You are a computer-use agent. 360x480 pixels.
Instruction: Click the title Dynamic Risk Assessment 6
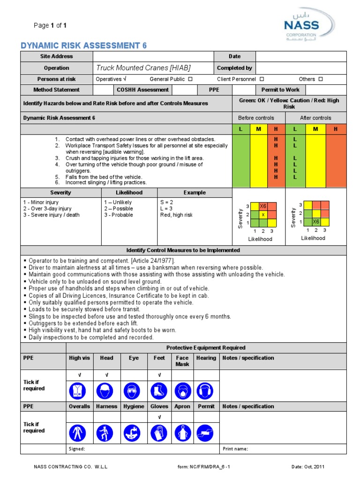84,45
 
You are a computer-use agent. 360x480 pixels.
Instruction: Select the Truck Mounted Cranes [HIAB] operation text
143,68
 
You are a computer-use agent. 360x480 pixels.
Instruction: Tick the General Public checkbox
190,80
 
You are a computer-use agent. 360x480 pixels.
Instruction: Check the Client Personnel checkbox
262,80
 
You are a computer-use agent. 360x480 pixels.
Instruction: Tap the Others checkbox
321,80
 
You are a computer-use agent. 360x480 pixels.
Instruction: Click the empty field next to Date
300,56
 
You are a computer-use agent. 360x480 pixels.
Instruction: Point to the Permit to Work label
280,90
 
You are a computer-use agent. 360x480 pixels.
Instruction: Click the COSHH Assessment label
142,90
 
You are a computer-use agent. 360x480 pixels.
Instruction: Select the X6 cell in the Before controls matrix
263,206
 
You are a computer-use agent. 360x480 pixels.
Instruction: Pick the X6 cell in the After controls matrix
316,222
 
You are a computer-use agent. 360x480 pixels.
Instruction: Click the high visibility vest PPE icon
79,390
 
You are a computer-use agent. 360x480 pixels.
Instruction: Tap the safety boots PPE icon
159,390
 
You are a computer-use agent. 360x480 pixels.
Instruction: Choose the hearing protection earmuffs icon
206,390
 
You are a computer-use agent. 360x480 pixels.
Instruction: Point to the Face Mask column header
182,361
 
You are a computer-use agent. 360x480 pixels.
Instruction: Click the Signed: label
77,449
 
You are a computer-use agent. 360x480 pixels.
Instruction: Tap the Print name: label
235,449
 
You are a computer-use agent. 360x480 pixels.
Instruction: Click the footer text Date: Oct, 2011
307,467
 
